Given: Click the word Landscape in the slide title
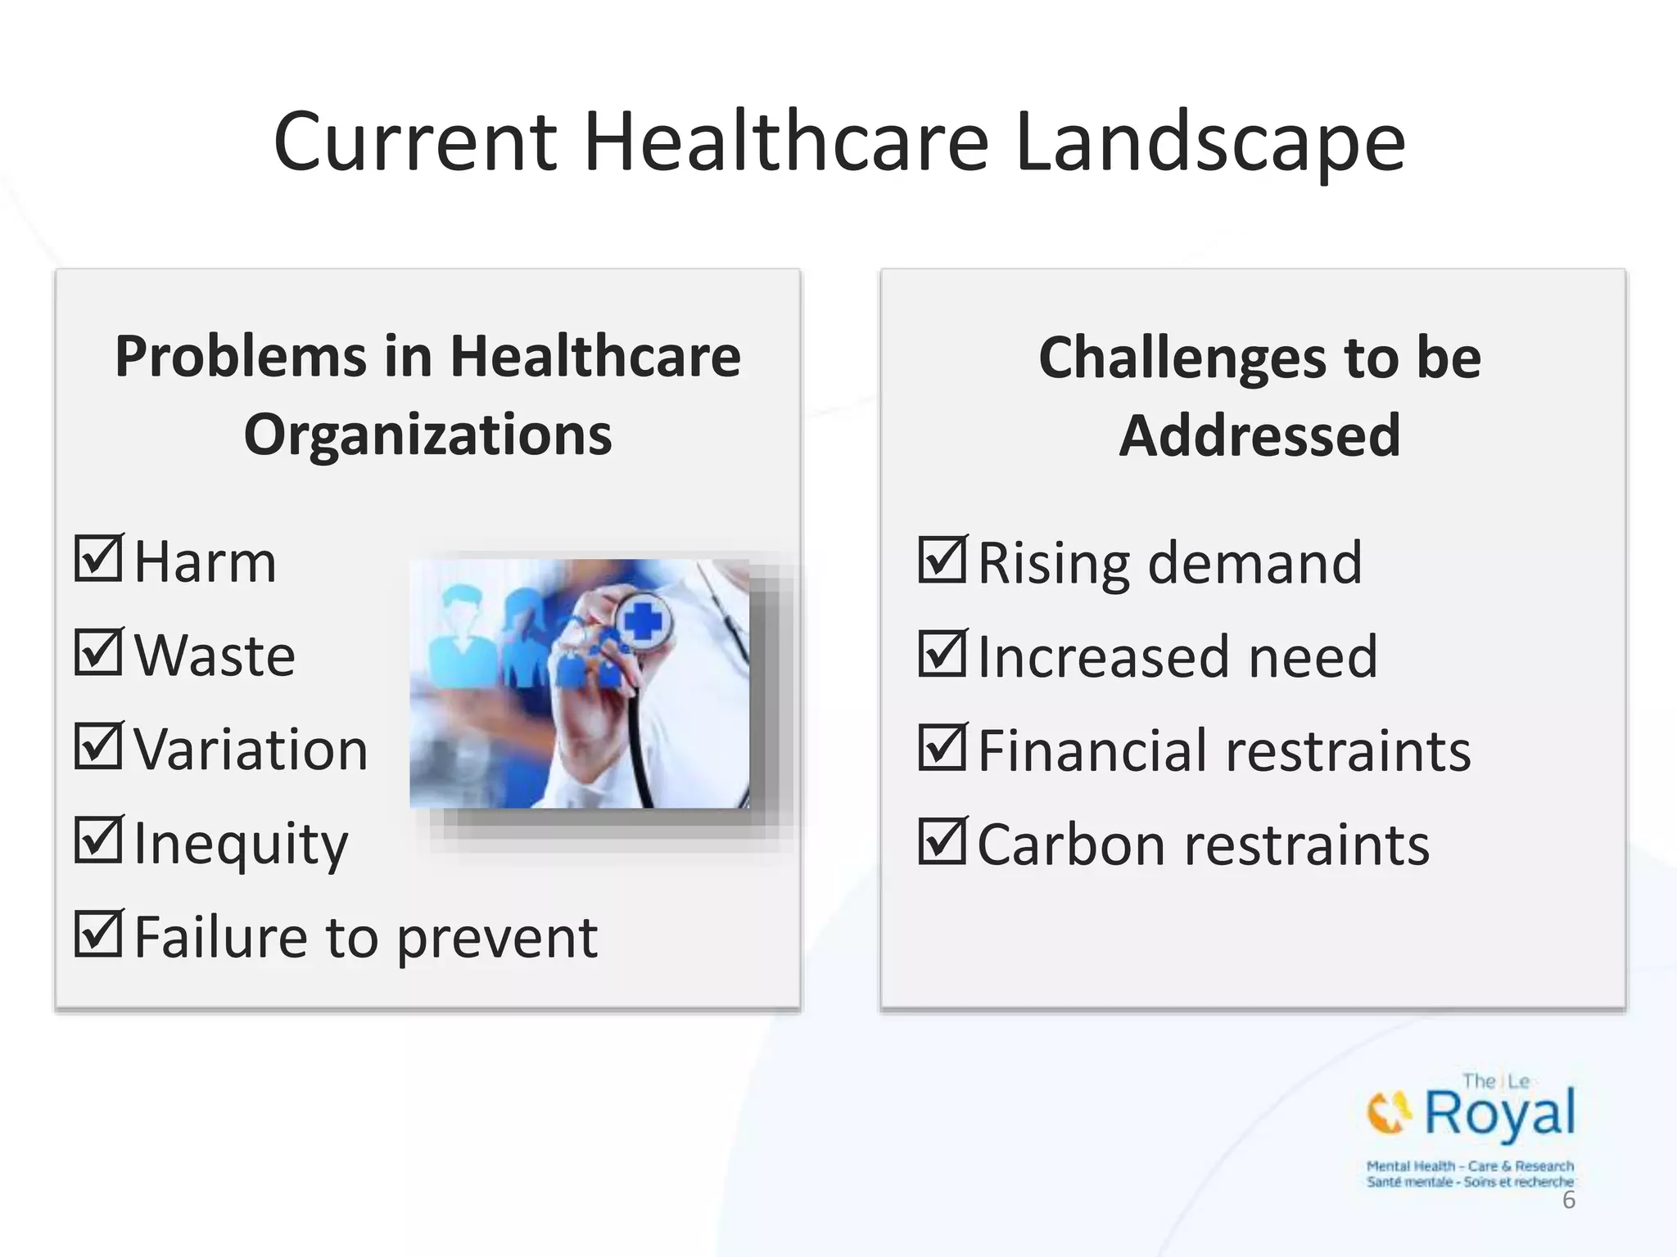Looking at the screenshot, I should [1210, 144].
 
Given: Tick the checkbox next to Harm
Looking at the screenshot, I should [99, 559].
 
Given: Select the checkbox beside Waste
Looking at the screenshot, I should [99, 652].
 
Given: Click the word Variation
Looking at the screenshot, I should [251, 750].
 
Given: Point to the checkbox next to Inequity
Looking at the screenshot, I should [99, 840].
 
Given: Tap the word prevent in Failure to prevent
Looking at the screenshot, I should [497, 939].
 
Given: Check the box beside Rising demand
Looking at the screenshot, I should [942, 560].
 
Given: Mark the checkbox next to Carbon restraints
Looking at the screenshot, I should [942, 841].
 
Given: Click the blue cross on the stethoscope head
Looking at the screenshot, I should [644, 624].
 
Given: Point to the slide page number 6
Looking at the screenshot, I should [1568, 1201].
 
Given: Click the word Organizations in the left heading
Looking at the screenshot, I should [427, 435].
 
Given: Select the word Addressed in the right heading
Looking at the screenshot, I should [1259, 435].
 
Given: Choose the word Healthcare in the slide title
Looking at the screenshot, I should [786, 142].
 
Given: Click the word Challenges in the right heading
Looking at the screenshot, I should [1182, 358].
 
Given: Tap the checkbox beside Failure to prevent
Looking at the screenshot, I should [99, 934].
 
